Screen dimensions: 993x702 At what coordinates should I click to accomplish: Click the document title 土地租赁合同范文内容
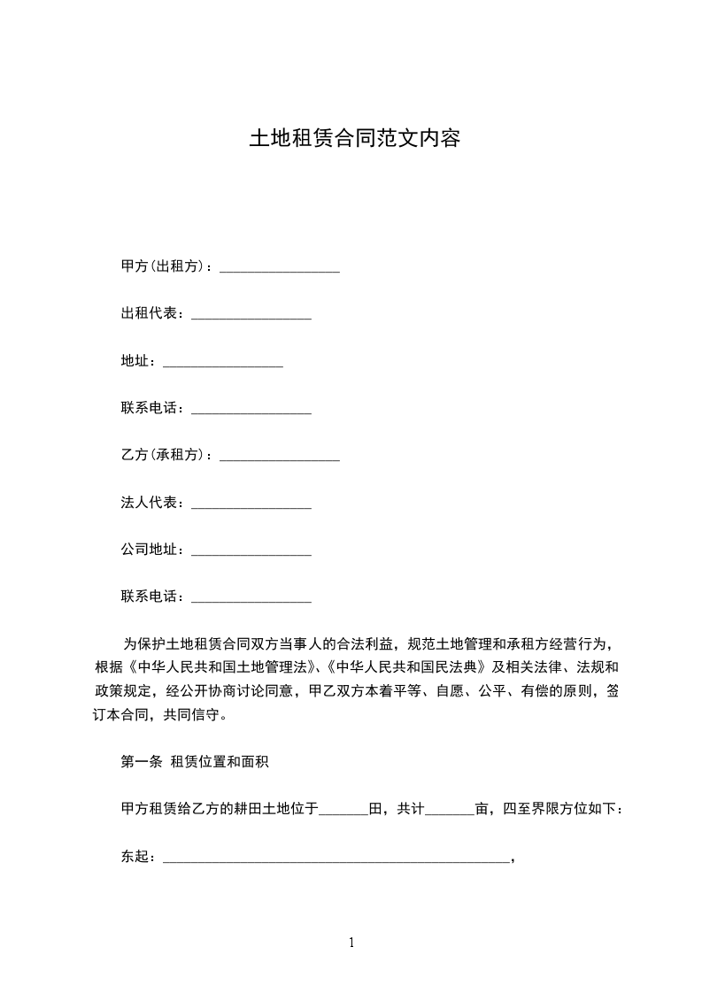[354, 139]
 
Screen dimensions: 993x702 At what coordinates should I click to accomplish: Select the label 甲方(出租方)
[163, 266]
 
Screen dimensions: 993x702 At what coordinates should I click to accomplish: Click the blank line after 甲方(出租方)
[280, 269]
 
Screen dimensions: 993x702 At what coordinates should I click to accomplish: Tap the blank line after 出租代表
[251, 316]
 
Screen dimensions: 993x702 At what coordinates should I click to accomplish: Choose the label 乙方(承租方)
[163, 455]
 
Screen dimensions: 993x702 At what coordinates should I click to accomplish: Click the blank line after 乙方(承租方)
[280, 458]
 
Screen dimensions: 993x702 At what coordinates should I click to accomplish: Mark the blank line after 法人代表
[251, 505]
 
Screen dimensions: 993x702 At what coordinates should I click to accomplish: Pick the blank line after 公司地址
[251, 553]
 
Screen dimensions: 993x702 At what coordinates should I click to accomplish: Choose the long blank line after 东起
[336, 858]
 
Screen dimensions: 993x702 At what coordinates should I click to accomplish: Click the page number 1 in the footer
[351, 943]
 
